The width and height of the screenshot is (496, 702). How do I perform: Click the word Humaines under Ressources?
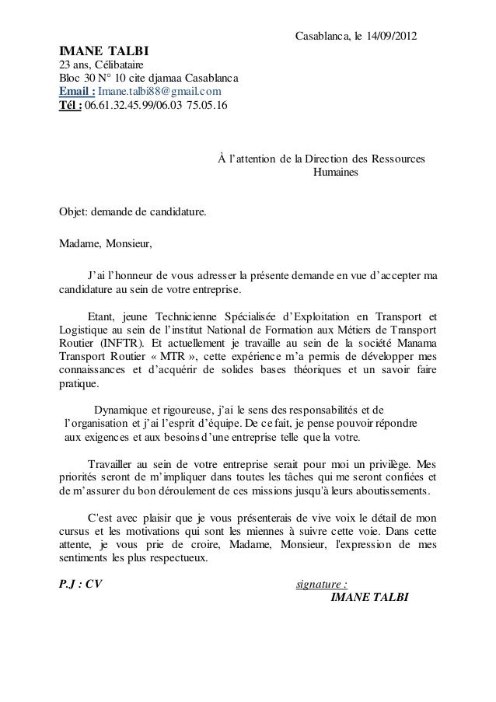point(334,172)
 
